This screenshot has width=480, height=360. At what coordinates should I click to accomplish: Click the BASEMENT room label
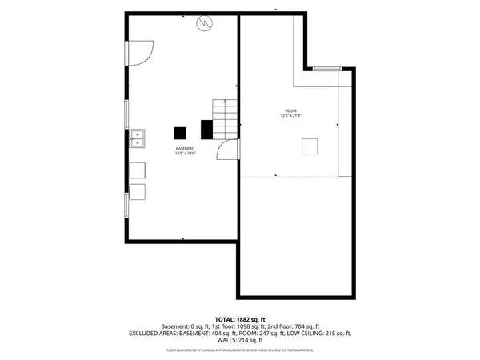pyautogui.click(x=186, y=148)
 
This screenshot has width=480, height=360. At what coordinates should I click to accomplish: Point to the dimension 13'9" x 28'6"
pyautogui.click(x=186, y=154)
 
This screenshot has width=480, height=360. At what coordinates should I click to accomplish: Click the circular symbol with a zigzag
pyautogui.click(x=205, y=23)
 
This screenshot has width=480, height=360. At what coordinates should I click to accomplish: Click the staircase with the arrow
pyautogui.click(x=225, y=118)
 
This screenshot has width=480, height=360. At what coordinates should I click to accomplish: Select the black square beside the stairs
pyautogui.click(x=206, y=128)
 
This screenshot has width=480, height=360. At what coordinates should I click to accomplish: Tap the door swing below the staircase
pyautogui.click(x=230, y=149)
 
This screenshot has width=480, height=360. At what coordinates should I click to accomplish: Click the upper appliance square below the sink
pyautogui.click(x=138, y=170)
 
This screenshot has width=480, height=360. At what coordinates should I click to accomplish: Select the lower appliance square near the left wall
pyautogui.click(x=138, y=192)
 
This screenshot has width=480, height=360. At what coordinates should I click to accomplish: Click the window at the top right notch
pyautogui.click(x=326, y=70)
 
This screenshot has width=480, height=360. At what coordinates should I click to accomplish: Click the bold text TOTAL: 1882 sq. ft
pyautogui.click(x=239, y=318)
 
